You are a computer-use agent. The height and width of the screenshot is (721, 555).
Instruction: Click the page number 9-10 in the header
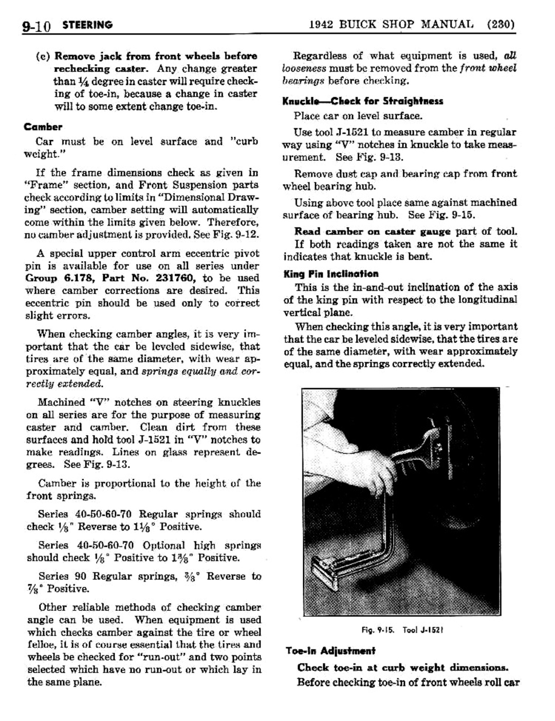coord(36,25)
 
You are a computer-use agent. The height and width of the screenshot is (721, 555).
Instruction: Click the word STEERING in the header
coord(87,25)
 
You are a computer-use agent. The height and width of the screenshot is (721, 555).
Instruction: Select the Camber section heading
coord(43,127)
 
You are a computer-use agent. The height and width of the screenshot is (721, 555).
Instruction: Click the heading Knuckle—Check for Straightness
coord(362,101)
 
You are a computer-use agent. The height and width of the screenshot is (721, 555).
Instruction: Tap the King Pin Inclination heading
coord(330,274)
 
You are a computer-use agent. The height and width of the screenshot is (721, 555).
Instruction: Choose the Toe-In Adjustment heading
coord(330,651)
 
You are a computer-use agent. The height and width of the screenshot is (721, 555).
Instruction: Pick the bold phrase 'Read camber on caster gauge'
coord(372,232)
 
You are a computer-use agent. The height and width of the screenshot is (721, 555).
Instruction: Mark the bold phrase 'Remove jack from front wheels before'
coord(156,56)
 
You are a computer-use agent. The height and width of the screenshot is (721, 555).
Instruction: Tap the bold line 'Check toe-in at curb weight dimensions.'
coord(402,668)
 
